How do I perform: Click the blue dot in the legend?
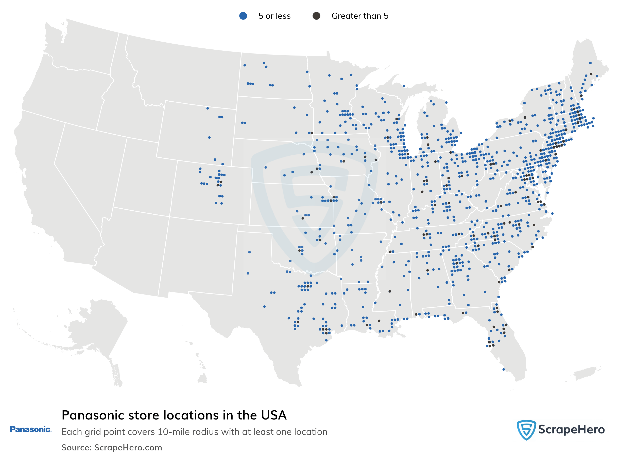coord(243,16)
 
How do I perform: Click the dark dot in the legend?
coord(316,16)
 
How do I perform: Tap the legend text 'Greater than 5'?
coord(360,16)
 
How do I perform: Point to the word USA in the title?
coord(274,415)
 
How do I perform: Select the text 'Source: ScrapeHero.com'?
coord(112,447)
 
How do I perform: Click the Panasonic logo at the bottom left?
coord(30,429)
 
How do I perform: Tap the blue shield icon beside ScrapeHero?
coord(526,430)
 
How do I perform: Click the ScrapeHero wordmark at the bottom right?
coord(571,430)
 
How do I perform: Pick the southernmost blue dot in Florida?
coord(503,369)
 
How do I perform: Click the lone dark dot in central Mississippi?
coord(390,291)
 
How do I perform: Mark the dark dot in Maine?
coord(591,74)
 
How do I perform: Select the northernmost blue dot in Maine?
coord(590,63)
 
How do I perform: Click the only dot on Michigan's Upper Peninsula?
coord(404,86)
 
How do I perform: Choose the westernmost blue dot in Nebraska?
coord(266,167)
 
